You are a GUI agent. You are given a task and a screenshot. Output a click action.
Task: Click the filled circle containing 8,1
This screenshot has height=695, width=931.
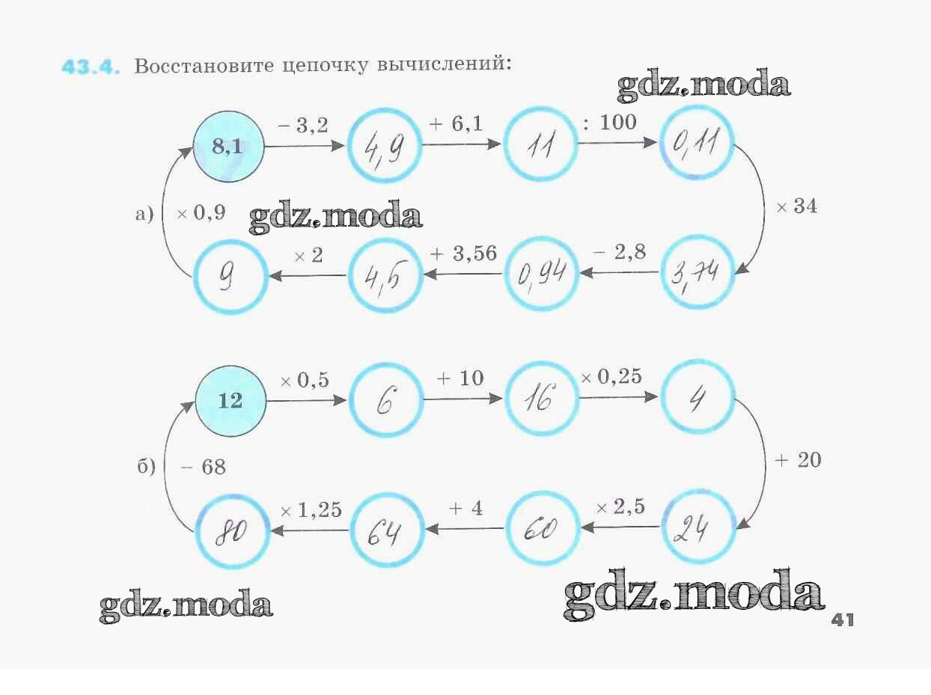pyautogui.click(x=228, y=147)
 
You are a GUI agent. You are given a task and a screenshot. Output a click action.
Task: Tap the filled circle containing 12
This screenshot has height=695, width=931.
pyautogui.click(x=231, y=400)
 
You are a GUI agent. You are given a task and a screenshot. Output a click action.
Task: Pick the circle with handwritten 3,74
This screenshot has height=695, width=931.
pyautogui.click(x=698, y=274)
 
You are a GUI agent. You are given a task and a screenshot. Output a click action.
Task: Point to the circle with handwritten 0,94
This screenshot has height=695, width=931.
pyautogui.click(x=542, y=274)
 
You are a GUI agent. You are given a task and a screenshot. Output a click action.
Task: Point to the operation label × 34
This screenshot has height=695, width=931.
pyautogui.click(x=796, y=207)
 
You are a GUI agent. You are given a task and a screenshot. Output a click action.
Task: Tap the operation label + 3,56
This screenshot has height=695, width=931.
pyautogui.click(x=463, y=254)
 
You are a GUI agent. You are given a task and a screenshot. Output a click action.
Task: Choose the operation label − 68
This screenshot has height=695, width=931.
pyautogui.click(x=203, y=468)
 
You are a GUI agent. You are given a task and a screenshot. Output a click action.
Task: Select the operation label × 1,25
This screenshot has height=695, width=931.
pyautogui.click(x=311, y=510)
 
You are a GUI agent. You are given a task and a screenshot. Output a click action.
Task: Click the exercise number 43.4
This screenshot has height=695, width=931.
pyautogui.click(x=91, y=66)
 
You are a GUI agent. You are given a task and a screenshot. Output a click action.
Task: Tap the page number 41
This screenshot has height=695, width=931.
pyautogui.click(x=842, y=620)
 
